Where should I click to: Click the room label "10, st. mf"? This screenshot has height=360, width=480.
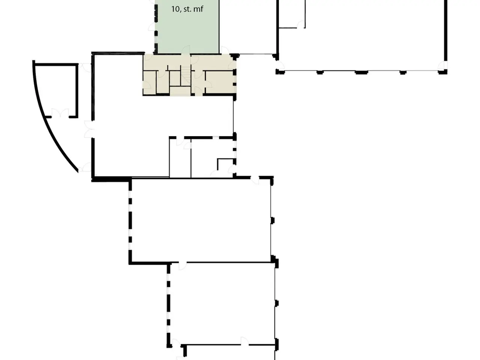[187, 9]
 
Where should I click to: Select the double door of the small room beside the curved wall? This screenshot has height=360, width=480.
[60, 114]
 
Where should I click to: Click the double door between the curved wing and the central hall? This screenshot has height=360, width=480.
[89, 129]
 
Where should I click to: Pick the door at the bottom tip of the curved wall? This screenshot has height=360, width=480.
[85, 167]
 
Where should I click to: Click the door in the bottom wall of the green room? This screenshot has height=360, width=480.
[186, 49]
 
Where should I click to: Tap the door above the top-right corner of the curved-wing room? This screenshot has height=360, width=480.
[85, 67]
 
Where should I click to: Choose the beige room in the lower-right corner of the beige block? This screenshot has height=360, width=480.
[219, 82]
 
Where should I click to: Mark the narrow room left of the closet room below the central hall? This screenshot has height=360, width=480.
[180, 158]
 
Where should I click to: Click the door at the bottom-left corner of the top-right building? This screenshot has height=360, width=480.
[280, 65]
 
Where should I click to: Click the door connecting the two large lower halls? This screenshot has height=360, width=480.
[182, 266]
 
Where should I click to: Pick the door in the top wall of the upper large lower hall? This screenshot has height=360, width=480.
[255, 180]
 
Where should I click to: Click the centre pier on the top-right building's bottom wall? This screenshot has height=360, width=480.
[361, 72]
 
